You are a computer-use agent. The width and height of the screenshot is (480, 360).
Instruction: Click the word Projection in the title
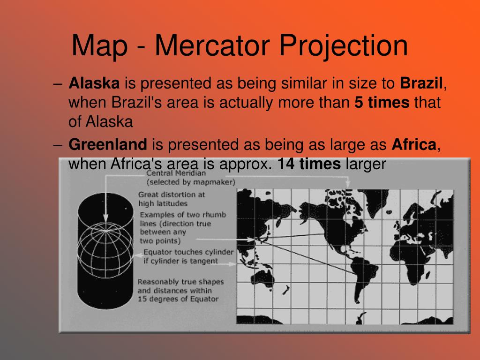(x=344, y=46)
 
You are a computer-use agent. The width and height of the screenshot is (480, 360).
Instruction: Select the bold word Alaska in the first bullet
(x=94, y=84)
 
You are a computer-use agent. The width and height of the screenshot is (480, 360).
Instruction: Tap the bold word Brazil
(x=421, y=84)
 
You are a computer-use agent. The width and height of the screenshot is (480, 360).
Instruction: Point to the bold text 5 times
(x=382, y=103)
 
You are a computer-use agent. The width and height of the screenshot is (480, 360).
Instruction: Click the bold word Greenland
(x=108, y=145)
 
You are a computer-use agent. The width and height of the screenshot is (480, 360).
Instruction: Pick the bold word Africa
(x=414, y=145)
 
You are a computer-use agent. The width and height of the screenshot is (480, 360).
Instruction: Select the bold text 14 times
(x=309, y=164)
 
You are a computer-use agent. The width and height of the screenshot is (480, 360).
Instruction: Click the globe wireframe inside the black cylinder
(x=105, y=247)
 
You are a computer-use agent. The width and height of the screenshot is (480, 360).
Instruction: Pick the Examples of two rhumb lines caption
(x=182, y=227)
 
